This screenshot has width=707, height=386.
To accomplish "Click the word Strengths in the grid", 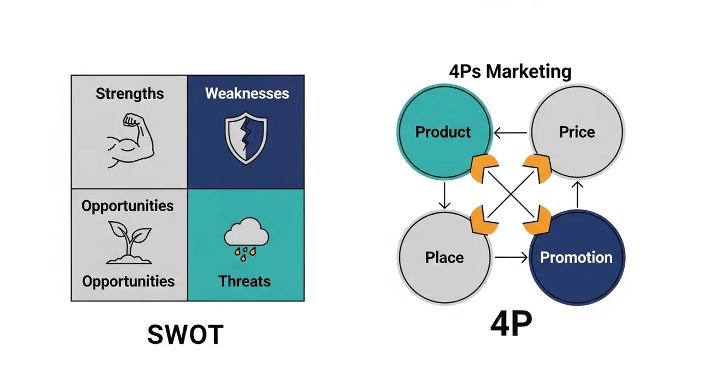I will [x=130, y=93].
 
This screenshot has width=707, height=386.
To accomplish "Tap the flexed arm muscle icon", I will [x=129, y=140].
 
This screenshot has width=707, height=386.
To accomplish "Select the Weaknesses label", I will [x=247, y=93].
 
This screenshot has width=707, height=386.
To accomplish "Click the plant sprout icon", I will [x=128, y=242].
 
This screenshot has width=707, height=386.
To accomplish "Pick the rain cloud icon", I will [x=246, y=238].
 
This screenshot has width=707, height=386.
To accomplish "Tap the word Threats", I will [x=245, y=281].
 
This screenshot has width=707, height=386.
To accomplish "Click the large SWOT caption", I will [x=186, y=335].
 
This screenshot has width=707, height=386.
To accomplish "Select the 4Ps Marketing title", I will [x=510, y=72].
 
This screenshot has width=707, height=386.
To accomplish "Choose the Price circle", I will [x=577, y=132].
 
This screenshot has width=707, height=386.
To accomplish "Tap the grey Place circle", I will [x=444, y=257].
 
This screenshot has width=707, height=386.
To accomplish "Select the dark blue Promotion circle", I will [x=576, y=257].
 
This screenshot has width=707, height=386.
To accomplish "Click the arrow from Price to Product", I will [x=510, y=132].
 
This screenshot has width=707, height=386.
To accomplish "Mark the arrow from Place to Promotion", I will [x=510, y=257].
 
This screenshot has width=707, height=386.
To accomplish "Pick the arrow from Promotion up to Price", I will [x=577, y=195].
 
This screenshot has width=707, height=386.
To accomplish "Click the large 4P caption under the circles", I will [x=511, y=326].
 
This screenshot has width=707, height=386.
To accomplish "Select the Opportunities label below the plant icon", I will [x=128, y=281].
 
